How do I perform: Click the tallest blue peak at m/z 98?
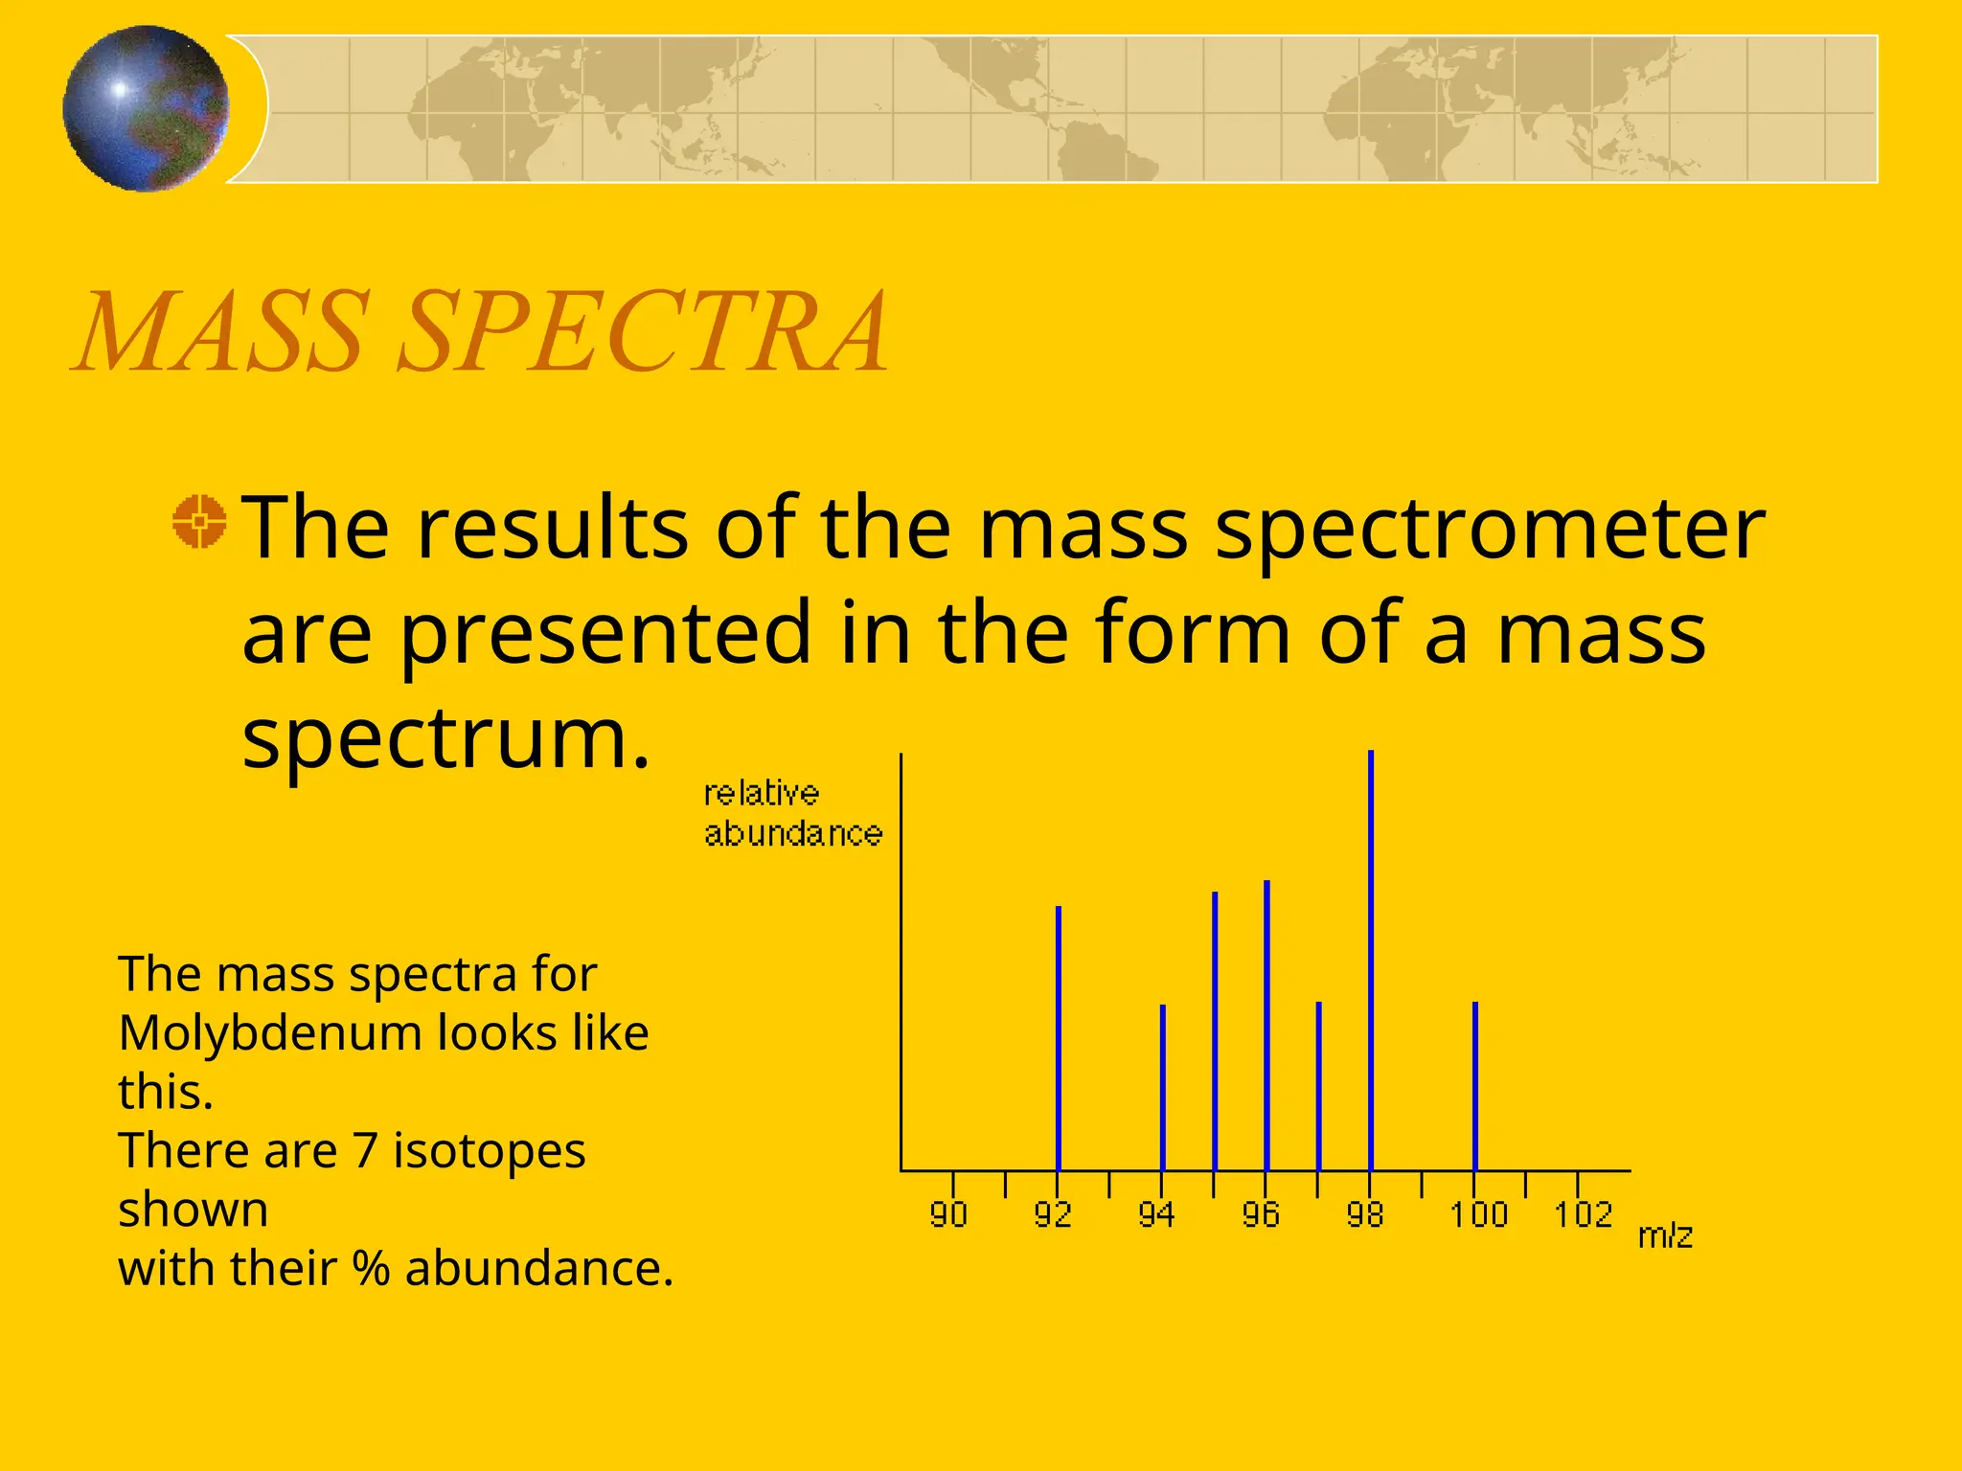click(x=1371, y=958)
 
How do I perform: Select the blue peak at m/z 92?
click(x=1058, y=1039)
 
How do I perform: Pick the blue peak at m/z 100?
click(x=1475, y=1087)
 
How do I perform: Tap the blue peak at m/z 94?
click(x=1162, y=1087)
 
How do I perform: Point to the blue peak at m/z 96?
click(x=1266, y=1025)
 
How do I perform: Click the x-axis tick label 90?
click(x=948, y=1214)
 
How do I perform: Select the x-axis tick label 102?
click(x=1583, y=1214)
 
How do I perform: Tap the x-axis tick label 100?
click(x=1478, y=1214)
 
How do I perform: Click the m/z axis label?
click(x=1665, y=1235)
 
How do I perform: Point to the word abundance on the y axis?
click(x=793, y=833)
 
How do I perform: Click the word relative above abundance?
click(x=762, y=793)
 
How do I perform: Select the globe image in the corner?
click(x=147, y=108)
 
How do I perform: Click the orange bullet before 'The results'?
click(x=199, y=522)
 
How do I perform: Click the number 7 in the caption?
click(x=365, y=1150)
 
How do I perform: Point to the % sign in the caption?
click(x=372, y=1268)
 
